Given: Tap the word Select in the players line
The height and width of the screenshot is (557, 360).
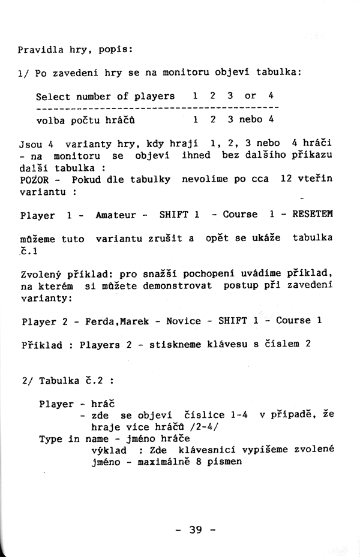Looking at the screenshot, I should coord(53,96).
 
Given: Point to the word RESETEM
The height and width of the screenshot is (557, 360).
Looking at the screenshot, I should coord(312,214).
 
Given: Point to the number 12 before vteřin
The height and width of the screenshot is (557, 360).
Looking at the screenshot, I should coord(285,179).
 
